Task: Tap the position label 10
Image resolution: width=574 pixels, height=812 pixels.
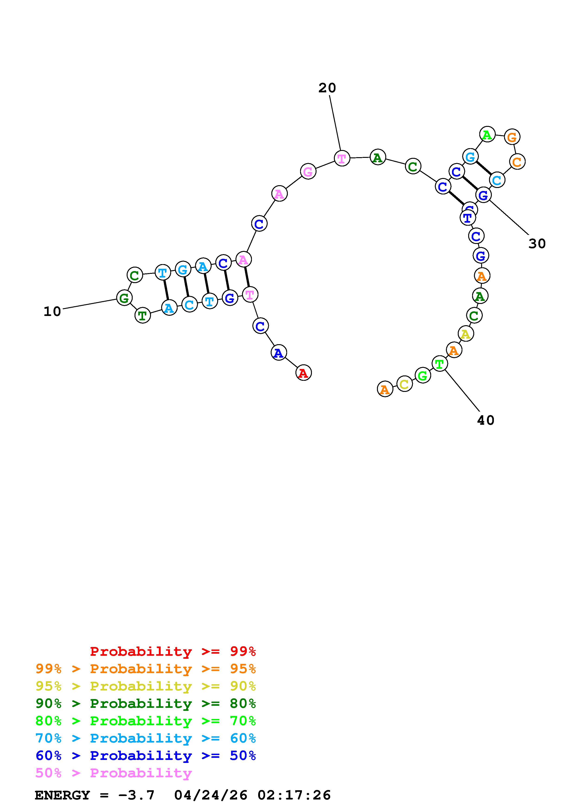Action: pyautogui.click(x=52, y=312)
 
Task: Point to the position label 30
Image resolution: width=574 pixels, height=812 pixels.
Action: pyautogui.click(x=537, y=243)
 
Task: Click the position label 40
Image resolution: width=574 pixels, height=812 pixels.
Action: pyautogui.click(x=485, y=420)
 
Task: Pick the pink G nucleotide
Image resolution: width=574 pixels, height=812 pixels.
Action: pyautogui.click(x=308, y=172)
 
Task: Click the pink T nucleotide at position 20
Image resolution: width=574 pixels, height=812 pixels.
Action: pyautogui.click(x=342, y=158)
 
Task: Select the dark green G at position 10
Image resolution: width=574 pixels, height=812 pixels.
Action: pyautogui.click(x=124, y=298)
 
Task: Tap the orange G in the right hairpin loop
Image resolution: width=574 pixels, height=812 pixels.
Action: pyautogui.click(x=512, y=137)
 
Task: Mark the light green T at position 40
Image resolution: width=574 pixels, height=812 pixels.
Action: pyautogui.click(x=439, y=364)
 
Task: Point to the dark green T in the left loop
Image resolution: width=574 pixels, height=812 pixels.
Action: pyautogui.click(x=143, y=315)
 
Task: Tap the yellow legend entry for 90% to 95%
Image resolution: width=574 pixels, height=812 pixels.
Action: pyautogui.click(x=145, y=686)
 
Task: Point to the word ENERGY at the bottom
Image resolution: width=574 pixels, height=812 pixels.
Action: pyautogui.click(x=62, y=795)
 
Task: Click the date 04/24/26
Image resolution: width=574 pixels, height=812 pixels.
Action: pyautogui.click(x=210, y=795)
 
